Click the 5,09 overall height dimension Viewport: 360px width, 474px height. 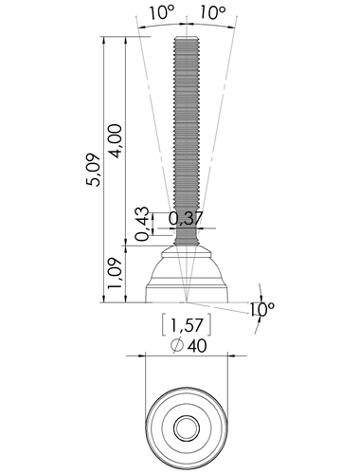95,170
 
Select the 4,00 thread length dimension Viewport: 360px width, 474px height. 115,141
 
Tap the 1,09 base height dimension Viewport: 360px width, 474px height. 115,273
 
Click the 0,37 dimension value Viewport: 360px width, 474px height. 186,218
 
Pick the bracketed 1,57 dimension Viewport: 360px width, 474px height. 187,324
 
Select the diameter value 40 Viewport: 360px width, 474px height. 197,346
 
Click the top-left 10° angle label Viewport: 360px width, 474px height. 161,13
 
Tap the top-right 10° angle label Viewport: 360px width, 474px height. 212,13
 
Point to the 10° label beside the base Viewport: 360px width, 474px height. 262,310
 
